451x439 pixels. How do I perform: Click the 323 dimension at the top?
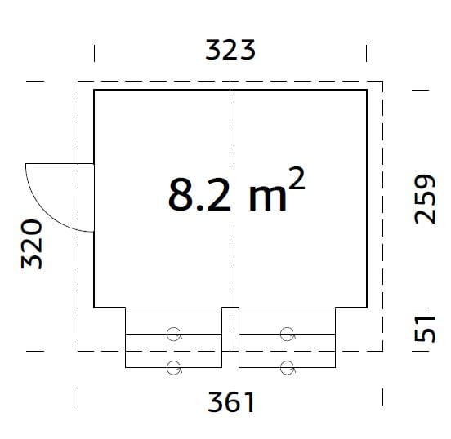tap(230, 50)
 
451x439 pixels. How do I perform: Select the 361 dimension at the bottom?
tap(230, 401)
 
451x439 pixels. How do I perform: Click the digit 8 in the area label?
tap(179, 195)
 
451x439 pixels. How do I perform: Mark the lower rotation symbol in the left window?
tap(173, 366)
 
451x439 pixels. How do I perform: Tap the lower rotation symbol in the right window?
tap(287, 366)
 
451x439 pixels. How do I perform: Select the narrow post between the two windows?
tap(230, 329)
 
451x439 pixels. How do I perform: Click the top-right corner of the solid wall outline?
tap(366, 90)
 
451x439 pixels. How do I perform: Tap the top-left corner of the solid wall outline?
tap(95, 90)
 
